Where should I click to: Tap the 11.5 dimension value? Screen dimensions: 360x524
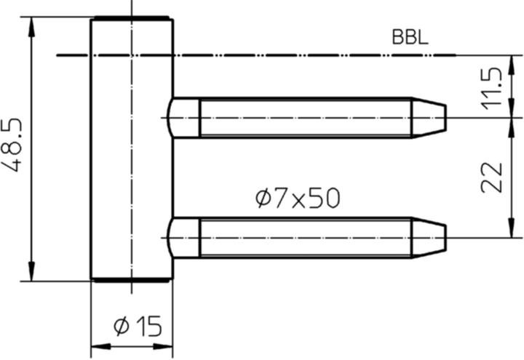tap(493, 87)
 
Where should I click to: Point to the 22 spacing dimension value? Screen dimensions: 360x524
tap(493, 177)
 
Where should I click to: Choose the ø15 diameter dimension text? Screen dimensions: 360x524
tap(138, 327)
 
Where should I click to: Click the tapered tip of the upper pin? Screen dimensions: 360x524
tap(429, 117)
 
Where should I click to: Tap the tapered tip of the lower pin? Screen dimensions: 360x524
tap(429, 238)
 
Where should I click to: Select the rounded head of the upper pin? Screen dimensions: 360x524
tap(183, 117)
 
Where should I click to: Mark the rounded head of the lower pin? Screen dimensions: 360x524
tap(183, 238)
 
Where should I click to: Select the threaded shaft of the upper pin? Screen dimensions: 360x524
tap(306, 117)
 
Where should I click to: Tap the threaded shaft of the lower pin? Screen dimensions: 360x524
tap(306, 238)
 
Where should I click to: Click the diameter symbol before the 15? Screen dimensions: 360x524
tap(121, 327)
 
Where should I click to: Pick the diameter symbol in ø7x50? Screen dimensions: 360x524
tap(263, 198)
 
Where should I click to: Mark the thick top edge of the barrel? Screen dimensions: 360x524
tap(131, 18)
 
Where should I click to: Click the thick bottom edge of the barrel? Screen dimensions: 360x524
tap(131, 280)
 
